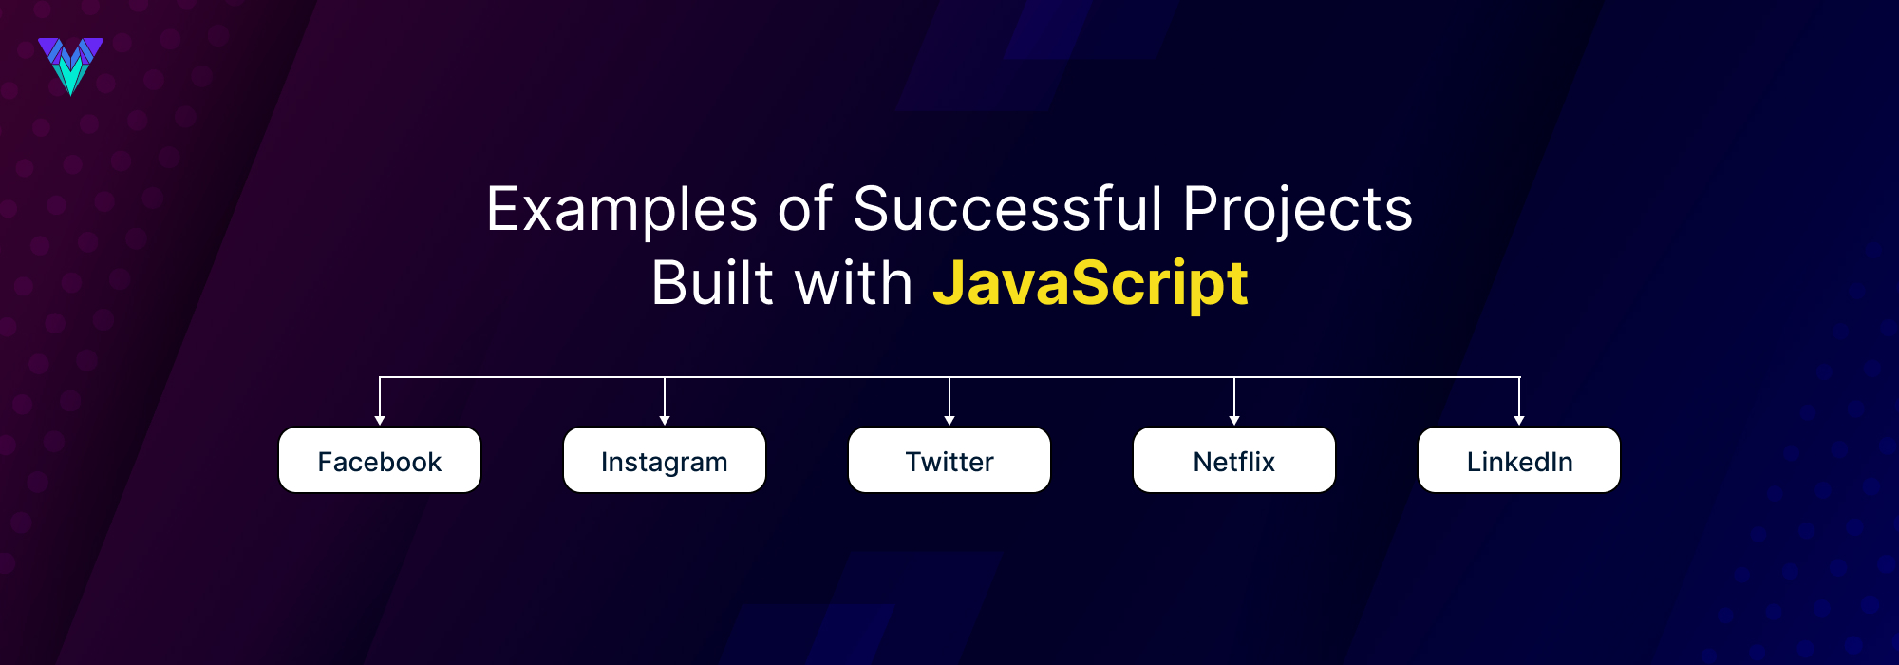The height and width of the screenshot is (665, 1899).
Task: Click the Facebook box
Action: pyautogui.click(x=380, y=461)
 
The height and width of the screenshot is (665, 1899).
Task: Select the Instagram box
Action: pyautogui.click(x=665, y=461)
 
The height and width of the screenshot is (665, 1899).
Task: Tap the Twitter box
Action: pyautogui.click(x=949, y=461)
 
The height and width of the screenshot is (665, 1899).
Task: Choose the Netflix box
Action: pyautogui.click(x=1234, y=461)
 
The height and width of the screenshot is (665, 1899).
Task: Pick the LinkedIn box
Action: pyautogui.click(x=1519, y=461)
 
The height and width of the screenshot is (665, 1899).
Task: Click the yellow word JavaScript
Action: pyautogui.click(x=1090, y=284)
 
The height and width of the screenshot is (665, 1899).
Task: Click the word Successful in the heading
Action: pyautogui.click(x=1006, y=209)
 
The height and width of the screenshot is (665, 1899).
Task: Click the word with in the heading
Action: pyautogui.click(x=853, y=284)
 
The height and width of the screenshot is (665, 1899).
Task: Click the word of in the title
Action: pyautogui.click(x=805, y=209)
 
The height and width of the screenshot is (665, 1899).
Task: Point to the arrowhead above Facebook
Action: pyautogui.click(x=380, y=420)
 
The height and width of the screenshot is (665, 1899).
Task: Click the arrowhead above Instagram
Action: pyautogui.click(x=665, y=420)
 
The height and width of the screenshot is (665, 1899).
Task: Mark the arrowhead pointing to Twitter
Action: pyautogui.click(x=949, y=420)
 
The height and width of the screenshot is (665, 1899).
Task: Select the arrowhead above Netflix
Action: pyautogui.click(x=1234, y=420)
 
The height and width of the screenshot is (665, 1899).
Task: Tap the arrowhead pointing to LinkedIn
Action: pyautogui.click(x=1519, y=420)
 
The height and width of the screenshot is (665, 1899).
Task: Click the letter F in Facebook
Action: pyautogui.click(x=325, y=462)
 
